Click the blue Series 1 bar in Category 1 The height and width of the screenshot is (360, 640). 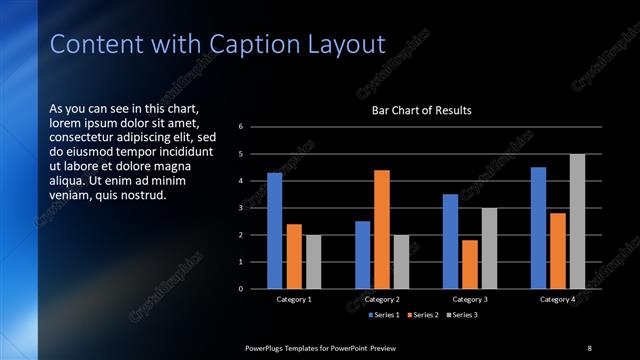click(274, 231)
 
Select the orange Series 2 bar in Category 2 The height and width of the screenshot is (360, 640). click(382, 229)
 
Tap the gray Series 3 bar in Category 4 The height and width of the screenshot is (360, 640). click(577, 221)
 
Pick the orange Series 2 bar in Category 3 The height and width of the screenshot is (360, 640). click(470, 264)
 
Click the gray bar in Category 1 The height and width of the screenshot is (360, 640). click(313, 262)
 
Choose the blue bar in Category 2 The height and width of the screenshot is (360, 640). click(362, 255)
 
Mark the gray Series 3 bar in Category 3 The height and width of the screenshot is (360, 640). click(489, 248)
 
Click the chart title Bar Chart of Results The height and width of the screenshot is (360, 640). click(421, 110)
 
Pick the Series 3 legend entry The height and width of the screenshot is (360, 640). click(463, 316)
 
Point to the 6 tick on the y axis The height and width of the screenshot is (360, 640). click(241, 127)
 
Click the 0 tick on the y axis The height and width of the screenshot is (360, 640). click(241, 289)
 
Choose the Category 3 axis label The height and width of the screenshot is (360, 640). click(469, 299)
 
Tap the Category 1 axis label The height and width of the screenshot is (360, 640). click(294, 299)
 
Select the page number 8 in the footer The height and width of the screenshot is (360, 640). click(589, 347)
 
